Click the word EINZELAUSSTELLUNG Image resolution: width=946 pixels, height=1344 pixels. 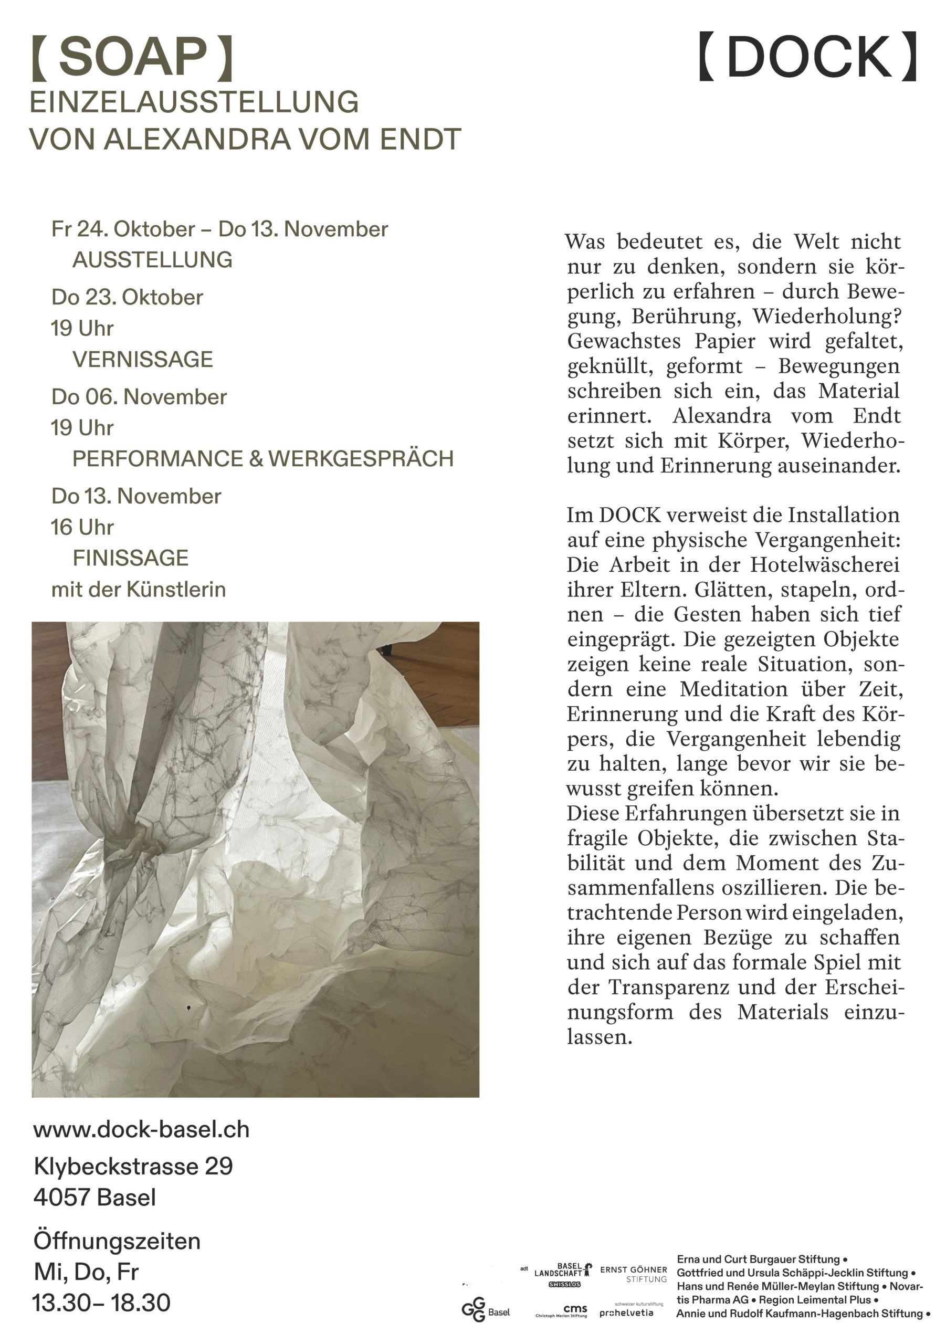click(x=194, y=102)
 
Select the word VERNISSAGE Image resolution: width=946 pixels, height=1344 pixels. click(x=143, y=360)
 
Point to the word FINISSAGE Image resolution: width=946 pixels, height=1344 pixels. click(x=131, y=558)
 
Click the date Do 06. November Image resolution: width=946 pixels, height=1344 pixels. click(x=139, y=397)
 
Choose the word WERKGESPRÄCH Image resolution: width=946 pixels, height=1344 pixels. click(x=361, y=458)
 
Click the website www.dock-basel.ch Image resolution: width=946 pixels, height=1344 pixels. click(x=141, y=1129)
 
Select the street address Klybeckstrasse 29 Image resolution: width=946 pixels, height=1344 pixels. click(x=133, y=1166)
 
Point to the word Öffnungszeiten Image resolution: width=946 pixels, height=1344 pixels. click(x=117, y=1241)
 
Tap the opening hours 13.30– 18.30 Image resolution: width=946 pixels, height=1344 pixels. click(x=101, y=1303)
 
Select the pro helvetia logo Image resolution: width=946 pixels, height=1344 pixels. click(x=626, y=1312)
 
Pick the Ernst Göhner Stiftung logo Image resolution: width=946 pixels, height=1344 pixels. click(x=634, y=1274)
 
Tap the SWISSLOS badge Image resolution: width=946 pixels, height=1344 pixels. click(x=564, y=1284)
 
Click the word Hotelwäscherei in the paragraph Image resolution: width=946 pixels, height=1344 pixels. click(x=825, y=565)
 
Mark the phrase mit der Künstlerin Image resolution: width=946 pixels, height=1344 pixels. click(x=138, y=589)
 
